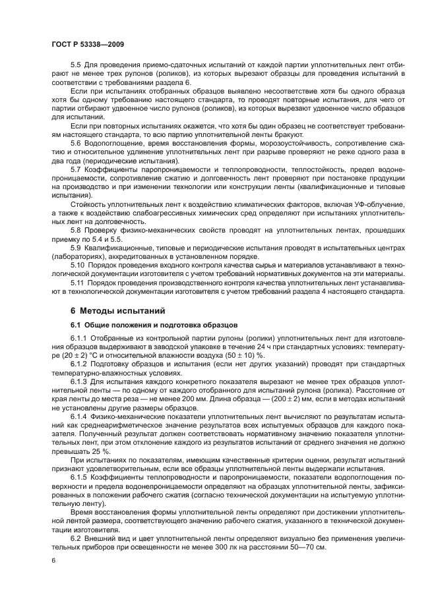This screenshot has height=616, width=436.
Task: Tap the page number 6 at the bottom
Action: pos(53,560)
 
